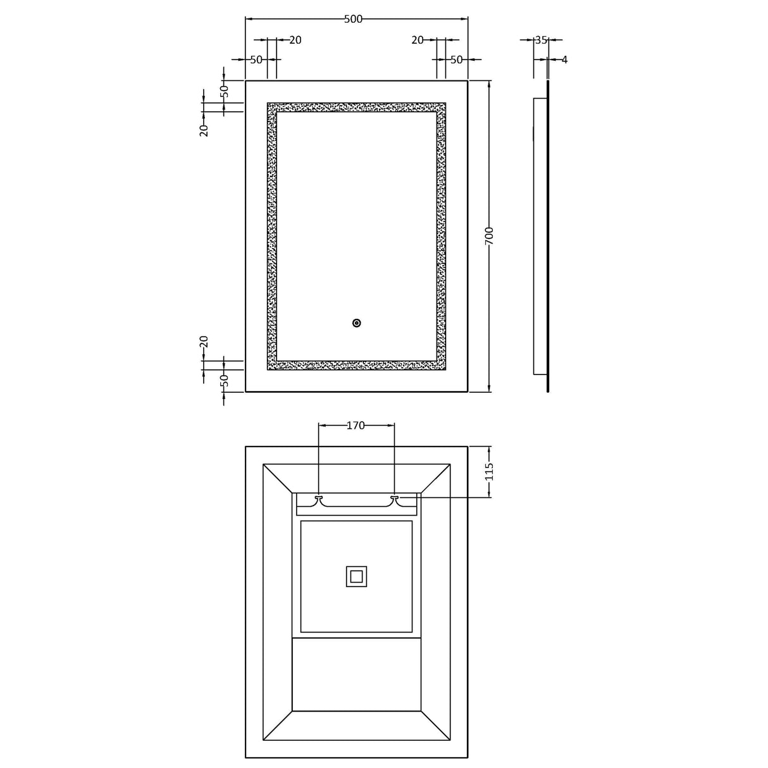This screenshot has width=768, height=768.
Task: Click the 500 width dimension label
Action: [x=353, y=19]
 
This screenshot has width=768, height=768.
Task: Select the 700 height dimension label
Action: [x=490, y=236]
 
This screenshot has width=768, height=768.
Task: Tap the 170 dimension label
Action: [x=356, y=426]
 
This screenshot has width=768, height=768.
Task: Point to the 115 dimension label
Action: [x=490, y=471]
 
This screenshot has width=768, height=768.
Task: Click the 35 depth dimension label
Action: [x=541, y=40]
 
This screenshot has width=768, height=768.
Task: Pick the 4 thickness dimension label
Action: [x=565, y=60]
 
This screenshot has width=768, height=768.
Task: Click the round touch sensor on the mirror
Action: [x=356, y=323]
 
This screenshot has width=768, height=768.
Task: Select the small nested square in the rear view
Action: [x=356, y=576]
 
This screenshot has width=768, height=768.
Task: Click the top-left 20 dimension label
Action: [x=295, y=40]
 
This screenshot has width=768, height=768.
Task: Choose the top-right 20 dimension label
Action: [x=418, y=40]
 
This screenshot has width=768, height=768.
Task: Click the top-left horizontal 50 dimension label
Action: [x=256, y=60]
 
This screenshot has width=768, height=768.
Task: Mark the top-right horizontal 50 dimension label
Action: [x=457, y=60]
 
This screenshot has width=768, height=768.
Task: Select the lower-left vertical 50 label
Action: [x=223, y=381]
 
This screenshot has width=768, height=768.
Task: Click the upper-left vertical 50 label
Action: [x=223, y=90]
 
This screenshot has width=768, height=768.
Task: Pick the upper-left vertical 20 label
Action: [x=204, y=130]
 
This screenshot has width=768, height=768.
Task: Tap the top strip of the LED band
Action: [x=356, y=108]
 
